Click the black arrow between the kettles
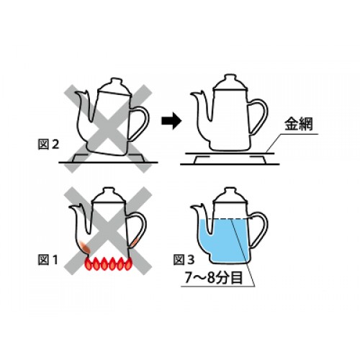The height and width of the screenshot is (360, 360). pos(171,121)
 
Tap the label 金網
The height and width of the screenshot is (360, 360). pos(299,124)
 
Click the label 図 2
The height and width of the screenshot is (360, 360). pos(48,144)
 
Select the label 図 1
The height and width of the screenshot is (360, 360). pos(48,259)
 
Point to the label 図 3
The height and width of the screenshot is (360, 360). pos(184,259)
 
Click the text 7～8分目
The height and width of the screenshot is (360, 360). pos(214,278)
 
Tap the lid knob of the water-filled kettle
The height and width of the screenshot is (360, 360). pos(230,191)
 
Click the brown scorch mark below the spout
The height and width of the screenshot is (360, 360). pos(85,247)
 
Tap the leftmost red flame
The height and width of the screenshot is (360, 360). pos(89,264)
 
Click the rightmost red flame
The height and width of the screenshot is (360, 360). pos(128,264)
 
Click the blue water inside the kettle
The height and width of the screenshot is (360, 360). pos(223,240)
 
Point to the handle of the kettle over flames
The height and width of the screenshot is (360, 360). pos(139,228)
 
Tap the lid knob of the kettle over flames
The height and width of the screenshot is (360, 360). pos(109,191)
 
